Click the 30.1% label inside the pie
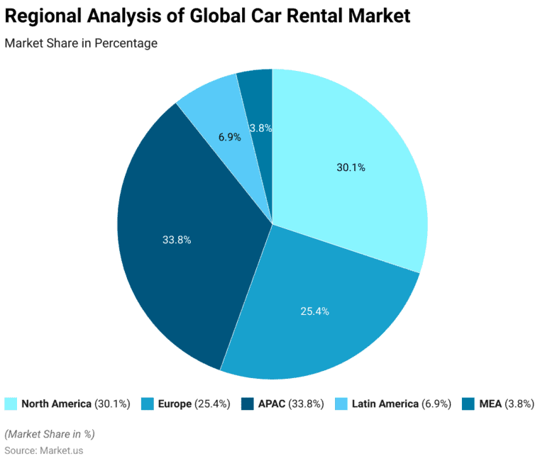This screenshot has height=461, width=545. (351, 168)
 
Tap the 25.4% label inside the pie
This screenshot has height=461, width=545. (314, 311)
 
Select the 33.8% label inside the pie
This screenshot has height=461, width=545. (177, 240)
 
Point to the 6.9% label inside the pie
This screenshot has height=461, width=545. (229, 137)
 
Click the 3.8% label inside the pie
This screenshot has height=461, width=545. (261, 128)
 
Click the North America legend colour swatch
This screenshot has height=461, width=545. (11, 404)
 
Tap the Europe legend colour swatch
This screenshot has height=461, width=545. (148, 404)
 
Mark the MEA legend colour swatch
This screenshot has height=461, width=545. (468, 404)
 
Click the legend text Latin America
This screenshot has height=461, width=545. (385, 404)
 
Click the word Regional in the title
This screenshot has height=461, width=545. (47, 16)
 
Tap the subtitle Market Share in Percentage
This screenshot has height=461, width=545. (81, 43)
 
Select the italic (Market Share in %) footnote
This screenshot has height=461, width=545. (50, 434)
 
